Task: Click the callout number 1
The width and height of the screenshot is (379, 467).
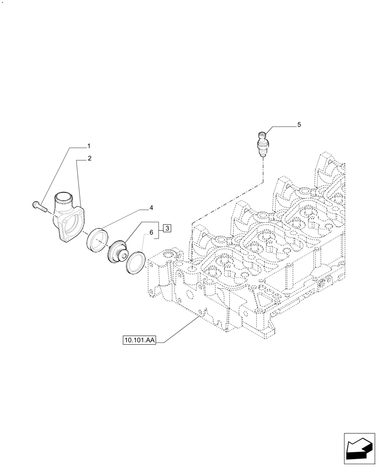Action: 89,146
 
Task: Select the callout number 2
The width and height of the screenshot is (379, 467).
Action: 89,158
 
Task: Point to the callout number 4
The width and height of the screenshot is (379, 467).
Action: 151,207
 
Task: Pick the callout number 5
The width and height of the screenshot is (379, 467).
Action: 299,125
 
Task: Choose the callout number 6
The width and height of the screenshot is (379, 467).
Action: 151,232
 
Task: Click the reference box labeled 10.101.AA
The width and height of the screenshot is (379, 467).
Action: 139,340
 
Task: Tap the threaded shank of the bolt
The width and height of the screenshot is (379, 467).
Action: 43,208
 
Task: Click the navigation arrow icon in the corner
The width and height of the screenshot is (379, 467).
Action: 359,448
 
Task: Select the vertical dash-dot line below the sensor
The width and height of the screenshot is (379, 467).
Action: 263,168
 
